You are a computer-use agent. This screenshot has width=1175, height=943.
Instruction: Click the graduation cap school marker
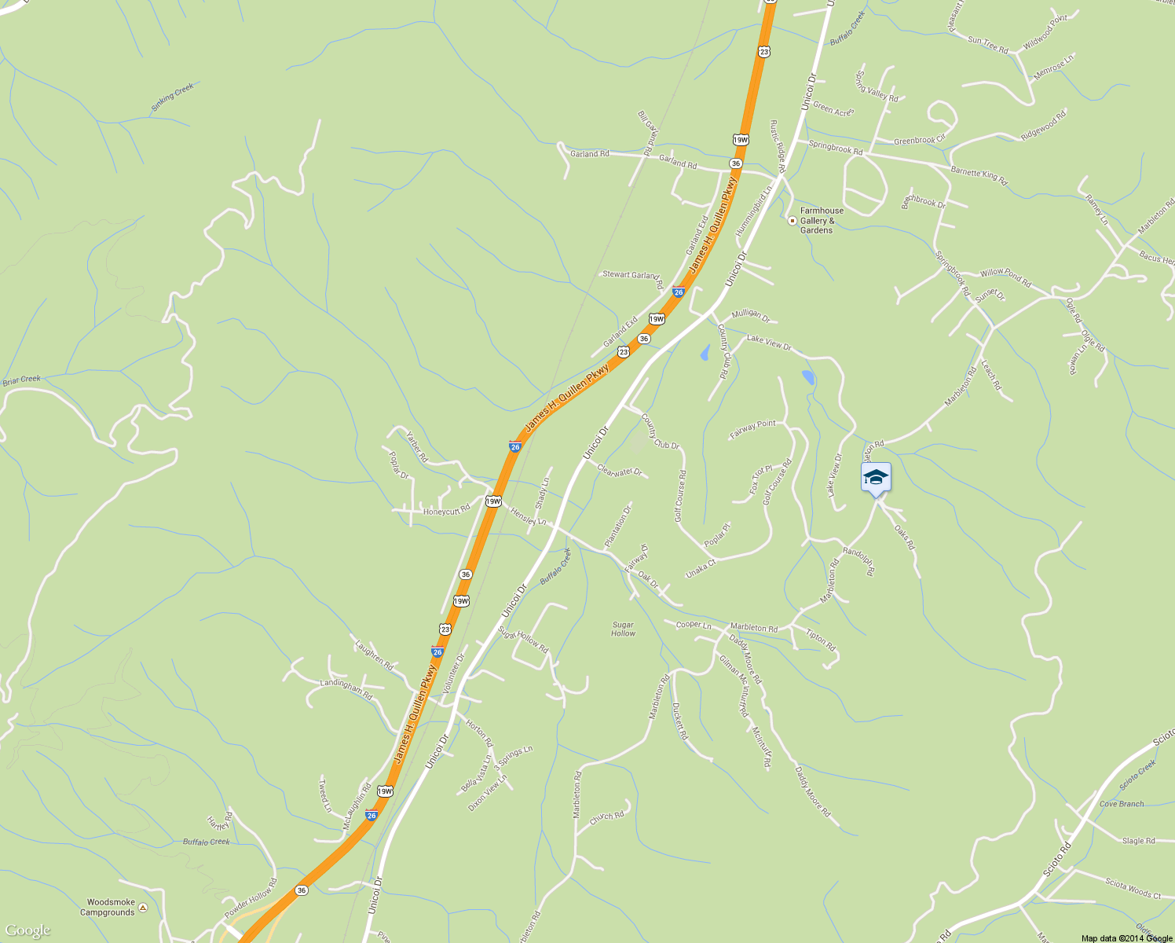click(876, 477)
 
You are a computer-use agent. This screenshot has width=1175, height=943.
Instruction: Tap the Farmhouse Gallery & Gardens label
click(822, 221)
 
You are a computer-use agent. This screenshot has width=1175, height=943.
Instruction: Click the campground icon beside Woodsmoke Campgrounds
click(142, 908)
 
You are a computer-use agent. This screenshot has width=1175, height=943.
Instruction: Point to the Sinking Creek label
click(172, 97)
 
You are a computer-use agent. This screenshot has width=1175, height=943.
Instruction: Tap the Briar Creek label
click(21, 380)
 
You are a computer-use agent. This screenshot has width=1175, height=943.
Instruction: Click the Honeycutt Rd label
click(446, 511)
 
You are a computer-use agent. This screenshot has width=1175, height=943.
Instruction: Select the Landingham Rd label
click(346, 688)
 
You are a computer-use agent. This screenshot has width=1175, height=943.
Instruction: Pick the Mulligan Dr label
click(751, 315)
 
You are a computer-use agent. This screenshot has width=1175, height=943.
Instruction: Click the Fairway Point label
click(752, 429)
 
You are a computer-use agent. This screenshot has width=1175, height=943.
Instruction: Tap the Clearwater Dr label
click(620, 472)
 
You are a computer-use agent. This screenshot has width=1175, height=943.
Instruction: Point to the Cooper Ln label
click(694, 626)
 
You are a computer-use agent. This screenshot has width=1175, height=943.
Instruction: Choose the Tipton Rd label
click(821, 640)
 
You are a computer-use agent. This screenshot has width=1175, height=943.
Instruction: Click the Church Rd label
click(606, 817)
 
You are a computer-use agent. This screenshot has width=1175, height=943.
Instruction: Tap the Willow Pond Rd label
click(1005, 277)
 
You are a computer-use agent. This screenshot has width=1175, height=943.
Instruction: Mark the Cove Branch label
click(1122, 804)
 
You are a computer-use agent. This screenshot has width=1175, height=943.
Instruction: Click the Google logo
click(27, 931)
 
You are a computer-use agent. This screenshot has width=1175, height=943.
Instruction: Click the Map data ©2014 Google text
click(1126, 938)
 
